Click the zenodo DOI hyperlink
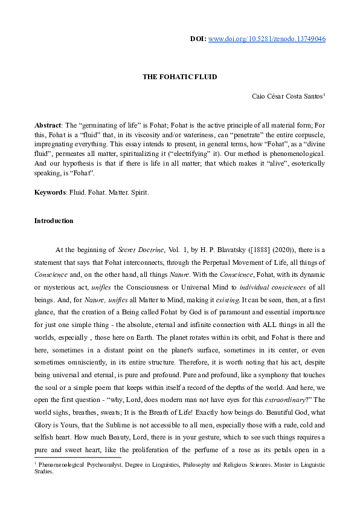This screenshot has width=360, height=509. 267,39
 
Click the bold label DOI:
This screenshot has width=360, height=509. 198,39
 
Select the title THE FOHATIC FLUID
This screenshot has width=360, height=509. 179,77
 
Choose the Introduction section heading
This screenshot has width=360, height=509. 54,221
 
